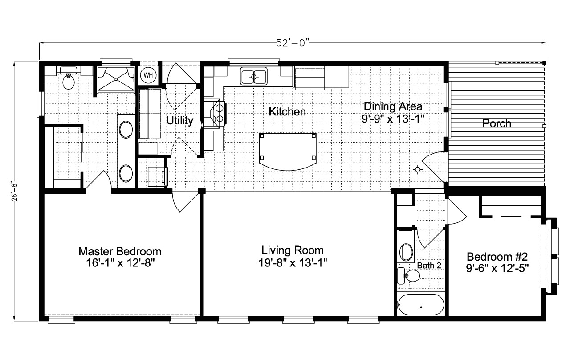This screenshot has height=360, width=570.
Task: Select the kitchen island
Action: (x=288, y=151)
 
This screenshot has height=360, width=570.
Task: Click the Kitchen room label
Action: (x=287, y=111)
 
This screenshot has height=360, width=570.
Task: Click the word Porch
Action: (x=497, y=123)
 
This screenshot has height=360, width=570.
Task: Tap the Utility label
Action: (x=180, y=120)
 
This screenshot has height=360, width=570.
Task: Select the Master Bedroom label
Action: (x=120, y=251)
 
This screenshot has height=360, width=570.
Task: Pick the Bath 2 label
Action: (x=429, y=266)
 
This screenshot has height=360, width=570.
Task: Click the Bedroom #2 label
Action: (x=497, y=257)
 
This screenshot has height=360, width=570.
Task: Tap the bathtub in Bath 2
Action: (x=421, y=305)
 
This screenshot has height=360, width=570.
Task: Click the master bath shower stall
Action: (x=116, y=79)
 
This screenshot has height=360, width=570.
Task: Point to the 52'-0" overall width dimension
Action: (x=292, y=43)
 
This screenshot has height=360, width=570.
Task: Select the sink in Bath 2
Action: (x=406, y=252)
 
